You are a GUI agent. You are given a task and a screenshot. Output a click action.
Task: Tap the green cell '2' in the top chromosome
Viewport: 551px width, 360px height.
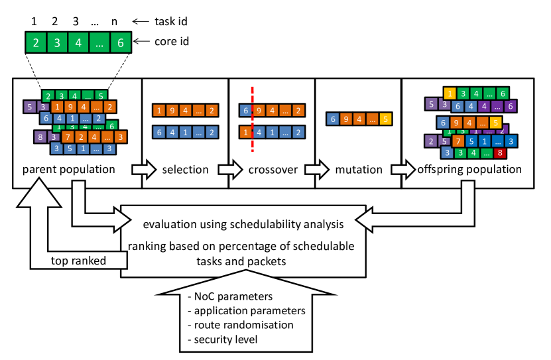tap(36, 43)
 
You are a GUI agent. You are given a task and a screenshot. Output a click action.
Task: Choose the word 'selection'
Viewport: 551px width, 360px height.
tap(185, 170)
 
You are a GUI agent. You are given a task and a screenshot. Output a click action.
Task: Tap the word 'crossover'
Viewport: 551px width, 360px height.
tap(272, 170)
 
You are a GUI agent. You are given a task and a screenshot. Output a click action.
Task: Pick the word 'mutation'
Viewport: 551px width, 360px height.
tap(358, 170)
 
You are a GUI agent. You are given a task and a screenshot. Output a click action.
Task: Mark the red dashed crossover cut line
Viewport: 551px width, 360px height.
tap(253, 119)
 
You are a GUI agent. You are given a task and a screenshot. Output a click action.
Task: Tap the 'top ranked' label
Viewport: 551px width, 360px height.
tap(78, 261)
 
